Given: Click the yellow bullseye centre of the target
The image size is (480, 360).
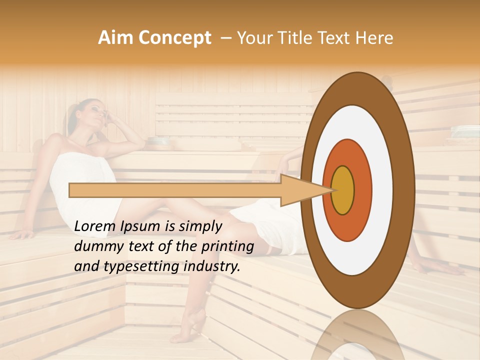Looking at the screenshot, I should pos(343,190).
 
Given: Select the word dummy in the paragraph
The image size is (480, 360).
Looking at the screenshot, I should pos(94,246).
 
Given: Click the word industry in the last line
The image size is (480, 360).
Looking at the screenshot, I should pos(211,266).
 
